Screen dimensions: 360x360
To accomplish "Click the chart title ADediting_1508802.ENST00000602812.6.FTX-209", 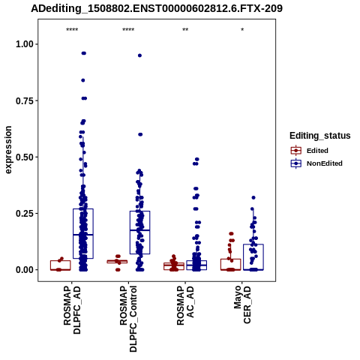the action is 157,9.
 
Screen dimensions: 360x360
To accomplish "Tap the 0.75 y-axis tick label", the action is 25,100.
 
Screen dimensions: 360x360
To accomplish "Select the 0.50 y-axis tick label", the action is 25,157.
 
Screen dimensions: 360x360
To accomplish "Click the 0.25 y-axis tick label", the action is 25,214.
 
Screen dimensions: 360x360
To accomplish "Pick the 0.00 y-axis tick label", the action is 25,270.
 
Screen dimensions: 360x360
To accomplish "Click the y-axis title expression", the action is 8,150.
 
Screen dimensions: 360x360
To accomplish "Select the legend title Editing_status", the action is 320,136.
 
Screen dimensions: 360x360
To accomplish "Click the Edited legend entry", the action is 317,151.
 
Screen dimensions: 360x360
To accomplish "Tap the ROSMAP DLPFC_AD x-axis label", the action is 72,310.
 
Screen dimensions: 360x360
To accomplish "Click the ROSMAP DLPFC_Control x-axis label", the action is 128,319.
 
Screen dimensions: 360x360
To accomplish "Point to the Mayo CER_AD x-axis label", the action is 242,304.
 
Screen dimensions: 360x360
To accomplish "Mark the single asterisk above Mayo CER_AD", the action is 242,30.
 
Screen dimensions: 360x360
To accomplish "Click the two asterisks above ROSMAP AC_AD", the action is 185,30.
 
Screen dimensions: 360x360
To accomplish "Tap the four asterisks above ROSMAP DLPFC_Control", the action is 128,30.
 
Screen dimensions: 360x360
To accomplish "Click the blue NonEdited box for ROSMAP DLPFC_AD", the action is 83,208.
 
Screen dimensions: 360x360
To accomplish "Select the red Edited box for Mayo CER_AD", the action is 231,259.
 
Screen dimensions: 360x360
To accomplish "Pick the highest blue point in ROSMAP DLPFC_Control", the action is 139,55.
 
